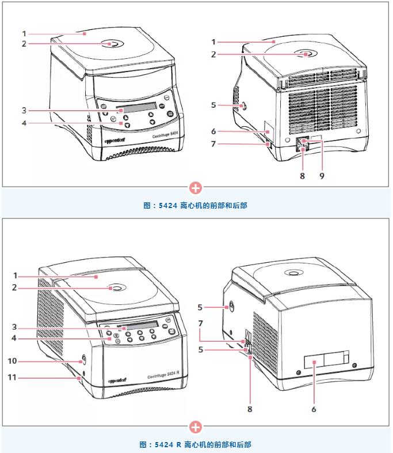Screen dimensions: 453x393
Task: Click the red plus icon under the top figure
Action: point(196,188)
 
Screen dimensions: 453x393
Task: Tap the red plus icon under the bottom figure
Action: point(196,427)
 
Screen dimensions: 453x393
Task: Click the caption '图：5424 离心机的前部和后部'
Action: point(196,205)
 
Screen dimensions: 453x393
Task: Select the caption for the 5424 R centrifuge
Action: point(196,444)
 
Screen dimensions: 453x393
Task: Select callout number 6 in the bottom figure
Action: point(314,409)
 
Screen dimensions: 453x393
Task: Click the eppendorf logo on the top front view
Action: point(115,139)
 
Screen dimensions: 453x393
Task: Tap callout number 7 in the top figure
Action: point(213,144)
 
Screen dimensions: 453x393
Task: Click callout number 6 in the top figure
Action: point(213,132)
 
